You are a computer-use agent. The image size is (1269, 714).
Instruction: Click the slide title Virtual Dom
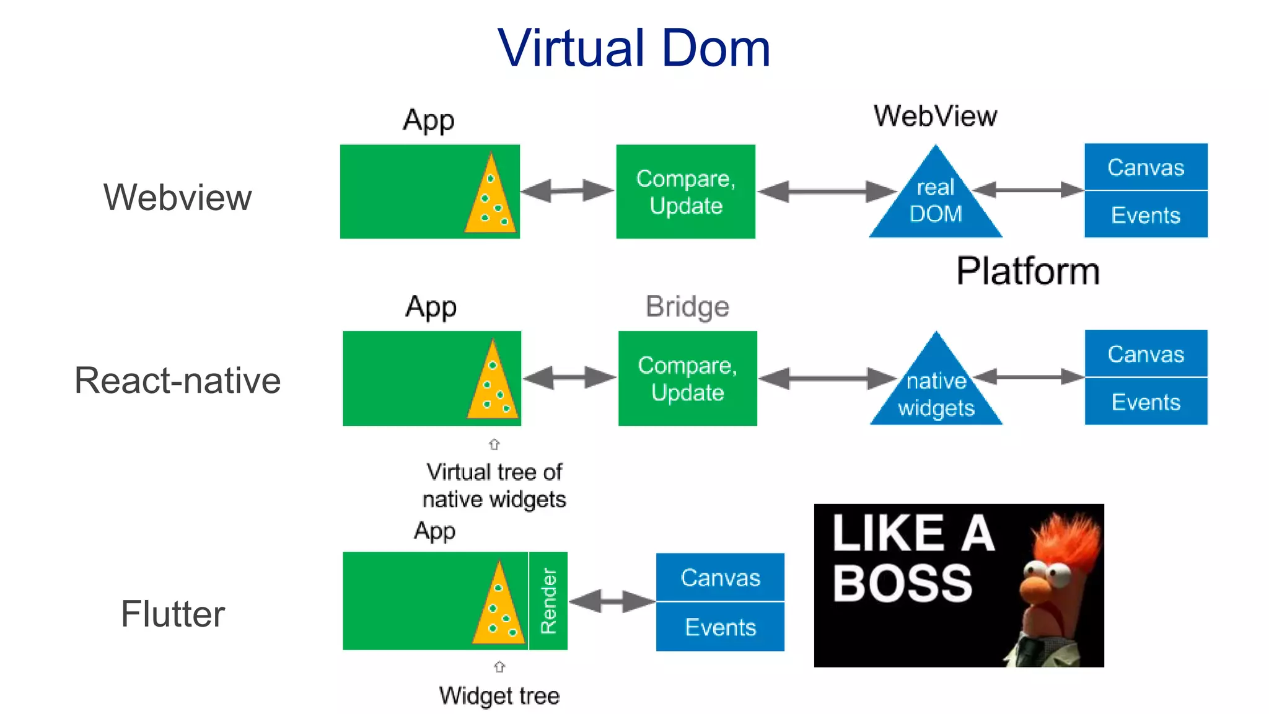pyautogui.click(x=634, y=48)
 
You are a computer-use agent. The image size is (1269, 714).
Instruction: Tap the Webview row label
pyautogui.click(x=177, y=197)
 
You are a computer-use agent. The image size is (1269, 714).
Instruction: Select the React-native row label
pyautogui.click(x=177, y=380)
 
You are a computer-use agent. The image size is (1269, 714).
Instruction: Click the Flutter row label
pyautogui.click(x=172, y=614)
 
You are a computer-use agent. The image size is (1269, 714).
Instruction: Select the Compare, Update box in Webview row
pyautogui.click(x=685, y=192)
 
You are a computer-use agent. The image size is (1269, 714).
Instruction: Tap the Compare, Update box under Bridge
pyautogui.click(x=687, y=378)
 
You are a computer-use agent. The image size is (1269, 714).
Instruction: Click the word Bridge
pyautogui.click(x=687, y=306)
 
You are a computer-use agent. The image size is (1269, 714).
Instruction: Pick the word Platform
pyautogui.click(x=1028, y=271)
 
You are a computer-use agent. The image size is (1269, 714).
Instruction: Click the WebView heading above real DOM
pyautogui.click(x=935, y=116)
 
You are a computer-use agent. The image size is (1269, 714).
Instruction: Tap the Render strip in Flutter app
pyautogui.click(x=548, y=601)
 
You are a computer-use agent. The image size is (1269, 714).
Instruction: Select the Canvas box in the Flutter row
pyautogui.click(x=720, y=577)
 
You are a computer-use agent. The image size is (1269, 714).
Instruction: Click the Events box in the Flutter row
pyautogui.click(x=720, y=627)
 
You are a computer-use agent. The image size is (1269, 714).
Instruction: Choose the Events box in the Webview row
pyautogui.click(x=1145, y=215)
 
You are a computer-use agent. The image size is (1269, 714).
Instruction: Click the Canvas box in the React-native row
pyautogui.click(x=1145, y=353)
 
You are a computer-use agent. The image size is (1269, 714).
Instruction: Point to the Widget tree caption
pyautogui.click(x=499, y=695)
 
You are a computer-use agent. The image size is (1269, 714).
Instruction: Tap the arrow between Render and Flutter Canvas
pyautogui.click(x=612, y=601)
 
